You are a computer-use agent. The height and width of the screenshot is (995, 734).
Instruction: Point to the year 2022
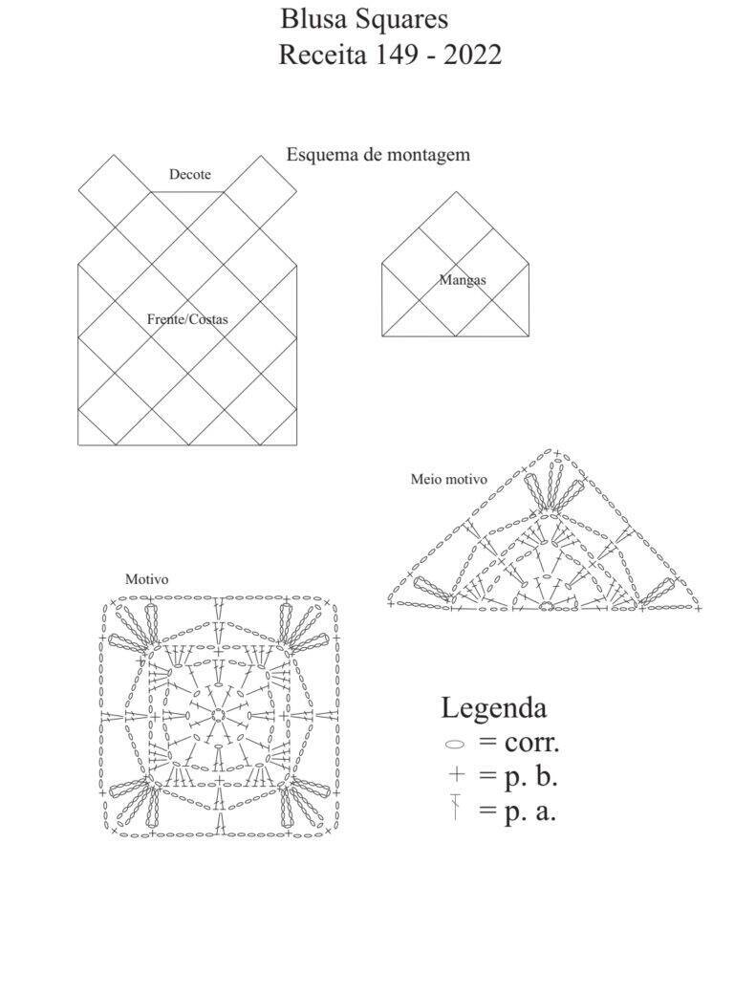473,55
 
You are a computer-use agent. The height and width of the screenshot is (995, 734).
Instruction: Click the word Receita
323,55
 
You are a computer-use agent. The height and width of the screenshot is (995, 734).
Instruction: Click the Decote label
189,174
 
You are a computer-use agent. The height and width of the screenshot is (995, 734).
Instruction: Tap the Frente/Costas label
187,319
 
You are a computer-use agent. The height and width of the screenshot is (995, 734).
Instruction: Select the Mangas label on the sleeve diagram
463,279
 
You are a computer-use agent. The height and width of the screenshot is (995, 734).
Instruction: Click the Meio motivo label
449,479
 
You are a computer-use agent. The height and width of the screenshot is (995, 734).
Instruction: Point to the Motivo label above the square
146,579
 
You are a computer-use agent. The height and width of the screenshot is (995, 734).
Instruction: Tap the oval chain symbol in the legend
455,745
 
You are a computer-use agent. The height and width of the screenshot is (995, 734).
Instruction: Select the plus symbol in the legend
456,774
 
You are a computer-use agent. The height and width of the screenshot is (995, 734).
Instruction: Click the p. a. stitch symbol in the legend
455,807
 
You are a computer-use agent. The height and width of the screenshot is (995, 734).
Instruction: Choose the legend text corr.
531,743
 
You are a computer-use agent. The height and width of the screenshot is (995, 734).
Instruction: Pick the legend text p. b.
531,778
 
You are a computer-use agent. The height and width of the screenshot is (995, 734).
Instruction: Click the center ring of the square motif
218,715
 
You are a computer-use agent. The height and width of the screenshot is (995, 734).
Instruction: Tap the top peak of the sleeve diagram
456,191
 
